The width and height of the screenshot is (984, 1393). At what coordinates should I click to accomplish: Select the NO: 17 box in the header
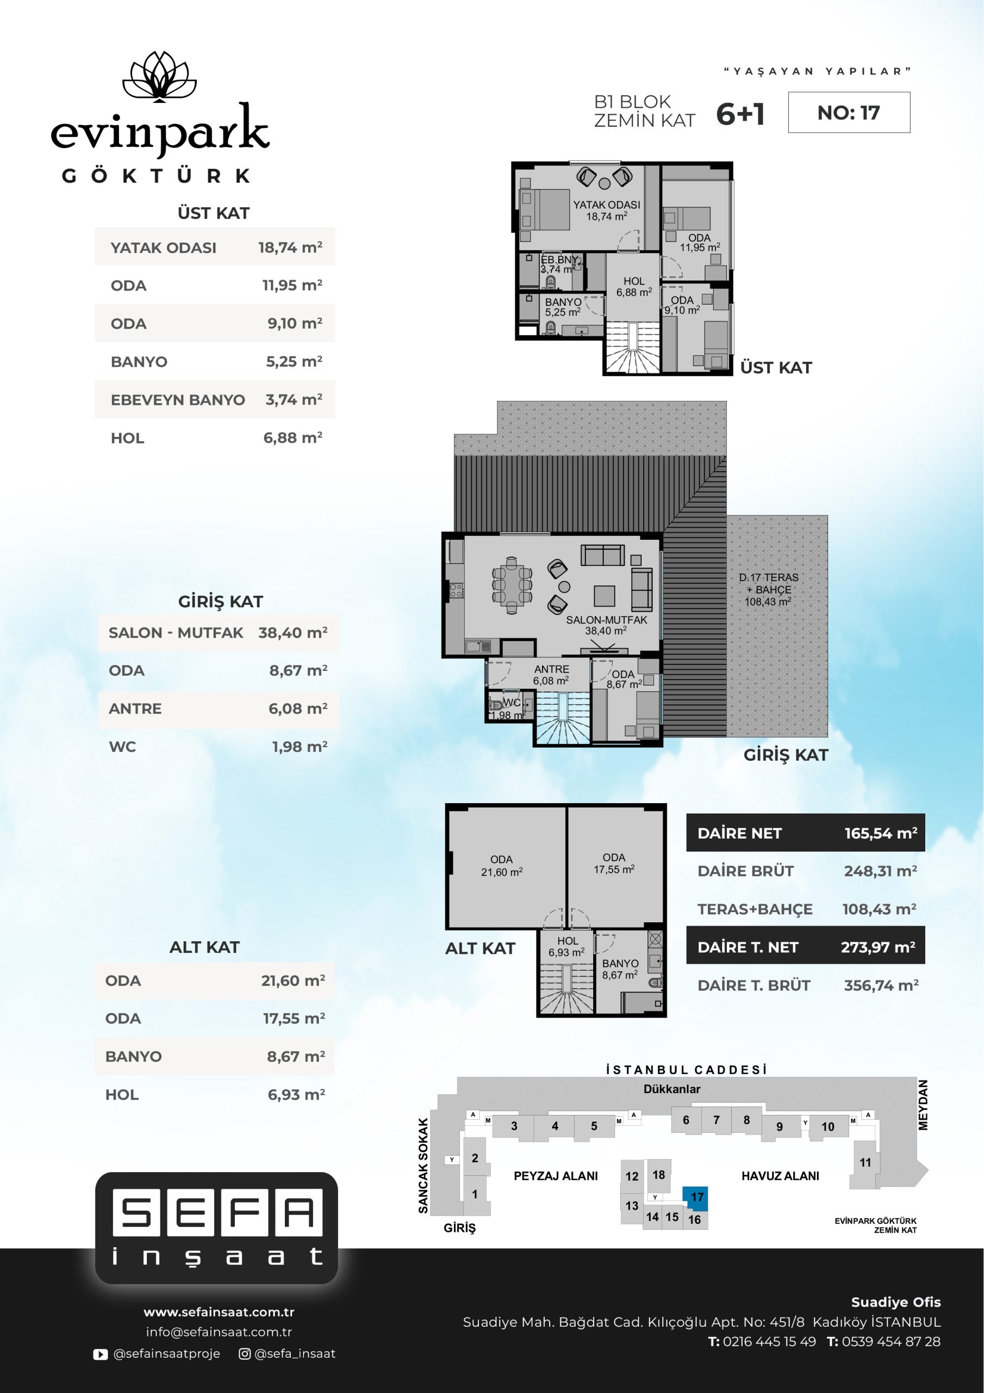(x=849, y=112)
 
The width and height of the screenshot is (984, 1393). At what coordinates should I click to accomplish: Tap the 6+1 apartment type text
(x=740, y=114)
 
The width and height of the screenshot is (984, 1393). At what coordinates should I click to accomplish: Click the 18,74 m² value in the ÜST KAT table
(x=290, y=248)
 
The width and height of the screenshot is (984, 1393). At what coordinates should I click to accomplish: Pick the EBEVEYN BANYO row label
(x=178, y=400)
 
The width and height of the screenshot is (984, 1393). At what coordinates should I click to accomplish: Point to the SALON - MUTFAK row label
(x=176, y=633)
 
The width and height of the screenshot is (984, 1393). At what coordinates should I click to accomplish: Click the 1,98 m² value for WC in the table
(x=300, y=747)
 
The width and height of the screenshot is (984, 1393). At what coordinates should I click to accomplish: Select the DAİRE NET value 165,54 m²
(x=881, y=833)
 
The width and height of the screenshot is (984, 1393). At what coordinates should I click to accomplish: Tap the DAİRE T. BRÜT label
(x=753, y=986)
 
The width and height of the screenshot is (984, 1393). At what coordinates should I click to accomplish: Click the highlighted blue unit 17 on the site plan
(x=695, y=1197)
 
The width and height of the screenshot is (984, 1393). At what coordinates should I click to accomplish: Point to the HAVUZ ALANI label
(x=780, y=1176)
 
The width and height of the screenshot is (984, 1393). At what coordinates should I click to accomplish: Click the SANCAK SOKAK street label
(x=423, y=1166)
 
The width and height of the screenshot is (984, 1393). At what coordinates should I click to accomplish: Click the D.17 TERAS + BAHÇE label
(x=769, y=589)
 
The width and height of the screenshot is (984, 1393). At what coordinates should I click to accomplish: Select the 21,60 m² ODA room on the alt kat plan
(x=507, y=867)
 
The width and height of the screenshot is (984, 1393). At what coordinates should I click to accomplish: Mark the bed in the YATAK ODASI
(x=544, y=209)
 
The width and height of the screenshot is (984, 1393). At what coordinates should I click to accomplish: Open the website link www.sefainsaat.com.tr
(x=219, y=1312)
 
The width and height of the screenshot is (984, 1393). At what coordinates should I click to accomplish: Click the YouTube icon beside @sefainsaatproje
(x=101, y=1354)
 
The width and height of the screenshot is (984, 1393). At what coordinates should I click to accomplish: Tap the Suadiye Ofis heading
(x=896, y=1302)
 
